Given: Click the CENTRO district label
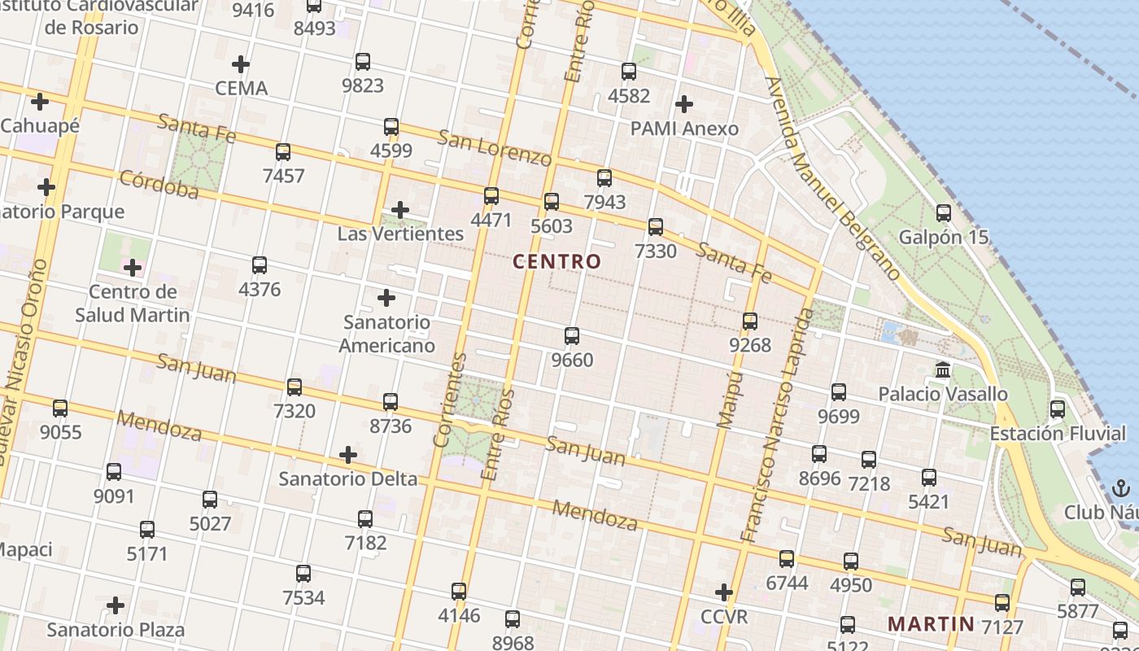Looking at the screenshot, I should coord(557,261).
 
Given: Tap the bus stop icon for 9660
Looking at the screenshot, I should coord(572,335).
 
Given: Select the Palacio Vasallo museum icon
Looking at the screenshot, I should coord(943,370).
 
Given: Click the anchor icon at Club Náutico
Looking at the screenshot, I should coord(1121,488).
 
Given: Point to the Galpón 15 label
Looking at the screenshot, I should coord(943,238).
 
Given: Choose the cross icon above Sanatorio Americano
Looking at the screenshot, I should coord(386,298).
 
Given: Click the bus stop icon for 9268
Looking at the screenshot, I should coord(750,321).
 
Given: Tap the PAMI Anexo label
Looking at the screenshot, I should coord(684,129).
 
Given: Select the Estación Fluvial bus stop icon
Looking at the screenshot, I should coord(1058,409).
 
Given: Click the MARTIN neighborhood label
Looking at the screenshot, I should coord(931,624).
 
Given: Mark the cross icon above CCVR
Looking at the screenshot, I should coord(724,592).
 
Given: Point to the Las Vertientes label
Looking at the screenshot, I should coord(400,234).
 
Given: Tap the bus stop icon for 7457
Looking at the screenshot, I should coord(283,151).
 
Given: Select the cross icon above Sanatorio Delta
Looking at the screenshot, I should coord(348,454).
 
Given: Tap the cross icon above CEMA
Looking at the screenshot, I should coord(241,63).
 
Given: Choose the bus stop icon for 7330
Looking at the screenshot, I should coord(656,227).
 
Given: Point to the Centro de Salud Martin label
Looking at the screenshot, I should coord(133,304).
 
